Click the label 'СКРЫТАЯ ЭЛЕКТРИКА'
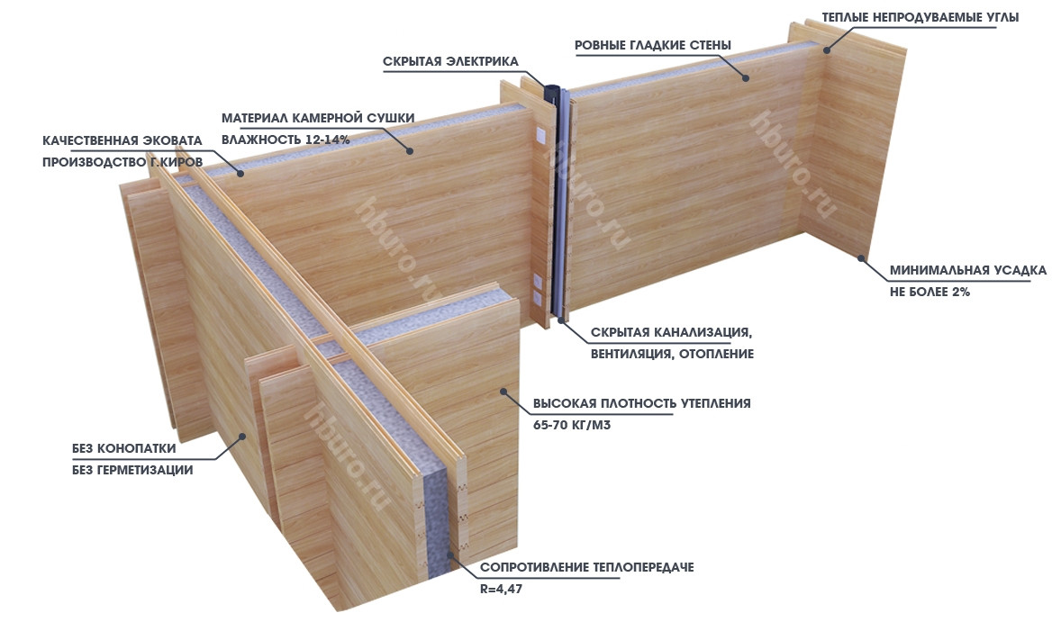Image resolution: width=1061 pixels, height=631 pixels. [450, 61]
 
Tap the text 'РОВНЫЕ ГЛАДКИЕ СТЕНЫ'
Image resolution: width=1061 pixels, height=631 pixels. [653, 45]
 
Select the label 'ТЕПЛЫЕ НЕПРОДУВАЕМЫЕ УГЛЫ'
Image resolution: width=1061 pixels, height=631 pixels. [920, 18]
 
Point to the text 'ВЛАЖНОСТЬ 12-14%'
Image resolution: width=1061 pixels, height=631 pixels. [286, 140]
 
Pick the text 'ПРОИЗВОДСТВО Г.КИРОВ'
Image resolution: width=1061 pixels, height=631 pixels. [122, 162]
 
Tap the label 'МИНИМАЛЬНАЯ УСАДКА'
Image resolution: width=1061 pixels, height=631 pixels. [968, 271]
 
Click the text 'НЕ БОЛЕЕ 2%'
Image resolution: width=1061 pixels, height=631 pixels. [930, 293]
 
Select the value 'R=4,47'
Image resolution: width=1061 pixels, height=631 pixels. [502, 589]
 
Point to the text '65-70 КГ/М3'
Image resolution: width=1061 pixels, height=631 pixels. [572, 426]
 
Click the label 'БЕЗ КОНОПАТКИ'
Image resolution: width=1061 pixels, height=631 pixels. [123, 448]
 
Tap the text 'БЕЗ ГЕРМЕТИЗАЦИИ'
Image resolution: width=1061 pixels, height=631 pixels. [132, 470]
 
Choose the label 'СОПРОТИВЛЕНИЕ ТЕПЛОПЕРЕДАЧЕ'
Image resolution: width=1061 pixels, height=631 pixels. [587, 567]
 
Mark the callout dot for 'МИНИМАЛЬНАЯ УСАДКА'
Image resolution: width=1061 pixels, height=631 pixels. [861, 257]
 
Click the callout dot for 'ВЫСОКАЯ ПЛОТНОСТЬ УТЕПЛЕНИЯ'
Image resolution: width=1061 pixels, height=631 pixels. [503, 391]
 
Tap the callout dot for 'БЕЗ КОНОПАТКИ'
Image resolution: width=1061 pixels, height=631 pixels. [240, 437]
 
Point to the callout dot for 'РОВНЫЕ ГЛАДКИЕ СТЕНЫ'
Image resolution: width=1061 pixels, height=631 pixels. [746, 77]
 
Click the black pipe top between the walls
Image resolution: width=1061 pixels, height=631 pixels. [554, 89]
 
